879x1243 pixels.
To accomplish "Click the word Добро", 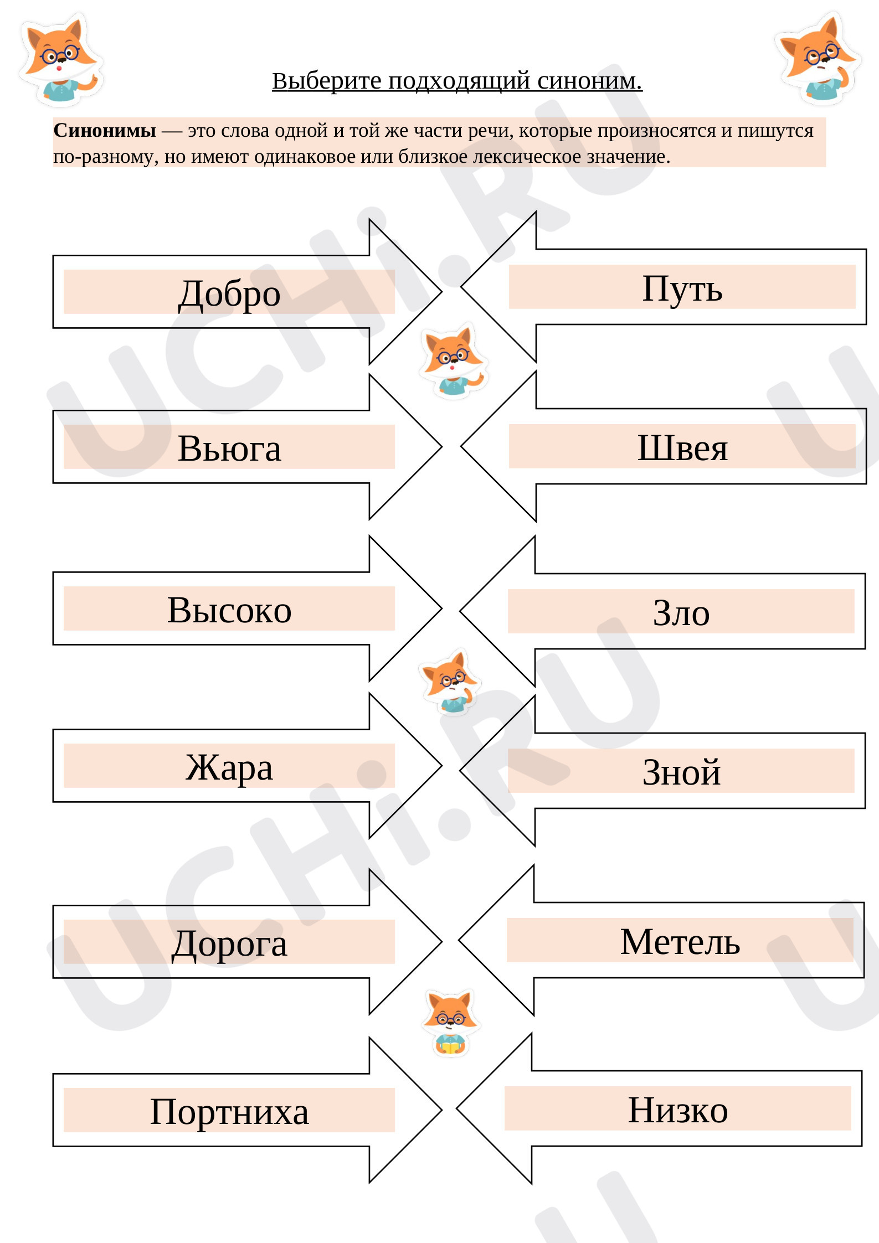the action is pos(229,293).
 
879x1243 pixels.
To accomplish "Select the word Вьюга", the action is pos(229,448).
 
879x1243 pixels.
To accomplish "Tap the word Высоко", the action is pos(229,610).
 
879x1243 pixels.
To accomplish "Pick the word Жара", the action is pos(229,767).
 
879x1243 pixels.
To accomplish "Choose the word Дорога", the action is pos(229,943).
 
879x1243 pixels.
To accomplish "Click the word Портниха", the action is pos(229,1112).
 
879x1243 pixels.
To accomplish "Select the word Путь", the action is pos(682,288).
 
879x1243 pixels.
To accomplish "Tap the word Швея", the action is pos(682,447).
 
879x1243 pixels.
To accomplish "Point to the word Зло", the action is pos(681,612).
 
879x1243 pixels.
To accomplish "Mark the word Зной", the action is pos(681,772).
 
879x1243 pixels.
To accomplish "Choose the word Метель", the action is pos(680,941).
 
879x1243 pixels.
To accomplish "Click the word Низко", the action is pos(678,1110).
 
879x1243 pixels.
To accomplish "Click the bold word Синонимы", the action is pos(105,131).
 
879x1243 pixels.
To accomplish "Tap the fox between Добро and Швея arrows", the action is pos(453,360).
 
